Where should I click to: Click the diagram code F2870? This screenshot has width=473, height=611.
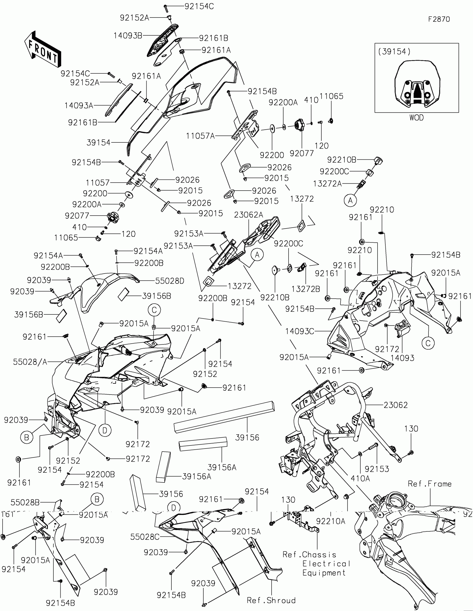point(439,19)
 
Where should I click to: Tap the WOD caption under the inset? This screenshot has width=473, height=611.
point(417,118)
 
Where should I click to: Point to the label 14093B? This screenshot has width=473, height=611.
point(128,36)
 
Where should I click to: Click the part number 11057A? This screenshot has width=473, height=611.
point(200,136)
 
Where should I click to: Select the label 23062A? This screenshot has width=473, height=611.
point(248,215)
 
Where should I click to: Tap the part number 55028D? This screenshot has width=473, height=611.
point(169,281)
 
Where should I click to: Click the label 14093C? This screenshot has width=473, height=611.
point(300,332)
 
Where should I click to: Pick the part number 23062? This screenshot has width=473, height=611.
point(396,405)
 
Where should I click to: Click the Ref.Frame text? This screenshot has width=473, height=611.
point(430,484)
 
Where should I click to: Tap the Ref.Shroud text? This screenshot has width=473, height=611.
point(271,600)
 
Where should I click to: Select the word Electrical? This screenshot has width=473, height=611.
point(326,564)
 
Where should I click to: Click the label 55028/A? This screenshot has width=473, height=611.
point(30,362)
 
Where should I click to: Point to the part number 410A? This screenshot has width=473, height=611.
point(360,478)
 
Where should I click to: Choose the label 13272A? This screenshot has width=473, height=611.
point(327,184)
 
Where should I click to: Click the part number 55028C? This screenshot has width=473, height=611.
point(145,537)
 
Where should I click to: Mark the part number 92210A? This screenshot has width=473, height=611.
point(331,521)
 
